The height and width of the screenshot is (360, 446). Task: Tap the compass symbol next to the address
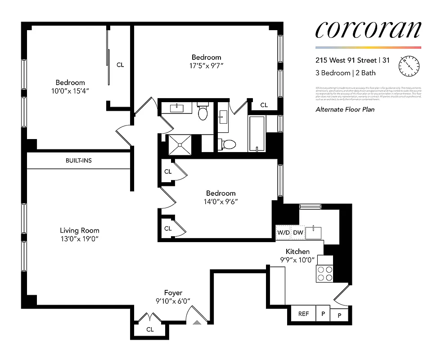pyautogui.click(x=409, y=66)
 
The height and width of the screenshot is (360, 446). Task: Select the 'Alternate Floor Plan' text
pyautogui.click(x=345, y=109)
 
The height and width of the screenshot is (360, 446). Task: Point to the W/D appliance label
pyautogui.click(x=283, y=233)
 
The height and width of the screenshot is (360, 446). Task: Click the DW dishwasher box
pyautogui.click(x=298, y=233)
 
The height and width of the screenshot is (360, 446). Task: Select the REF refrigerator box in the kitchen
pyautogui.click(x=303, y=314)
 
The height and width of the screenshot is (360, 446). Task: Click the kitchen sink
pyautogui.click(x=314, y=233)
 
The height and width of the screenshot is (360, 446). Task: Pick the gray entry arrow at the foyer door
pyautogui.click(x=197, y=322)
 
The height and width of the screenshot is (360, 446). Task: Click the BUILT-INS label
pyautogui.click(x=78, y=160)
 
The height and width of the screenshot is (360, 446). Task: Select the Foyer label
pyautogui.click(x=173, y=293)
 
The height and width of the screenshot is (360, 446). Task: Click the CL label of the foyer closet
pyautogui.click(x=150, y=329)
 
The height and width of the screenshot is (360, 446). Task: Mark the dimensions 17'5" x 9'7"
pyautogui.click(x=207, y=65)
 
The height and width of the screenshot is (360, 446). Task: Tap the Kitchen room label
pyautogui.click(x=297, y=252)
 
